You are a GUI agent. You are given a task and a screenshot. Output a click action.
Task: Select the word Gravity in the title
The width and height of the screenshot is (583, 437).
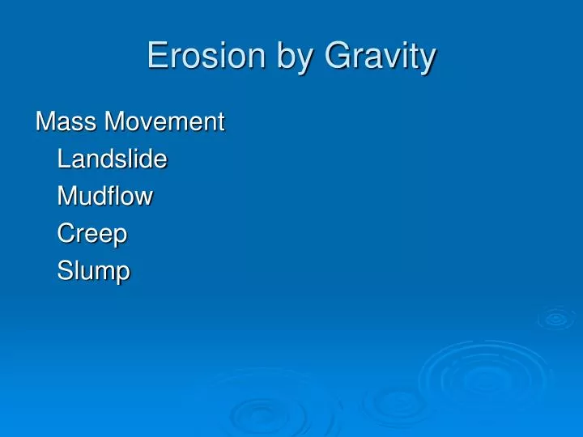[381, 58]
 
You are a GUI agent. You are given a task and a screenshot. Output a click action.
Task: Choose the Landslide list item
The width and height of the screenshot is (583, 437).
[112, 159]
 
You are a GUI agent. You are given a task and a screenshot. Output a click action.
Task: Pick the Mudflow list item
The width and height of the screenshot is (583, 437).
[105, 197]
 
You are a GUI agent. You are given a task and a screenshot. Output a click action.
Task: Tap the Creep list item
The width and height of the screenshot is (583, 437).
[92, 235]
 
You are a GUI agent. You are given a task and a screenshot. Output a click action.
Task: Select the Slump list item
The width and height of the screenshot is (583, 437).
[93, 272]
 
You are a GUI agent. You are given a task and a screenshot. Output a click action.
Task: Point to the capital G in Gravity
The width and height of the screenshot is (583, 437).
[337, 57]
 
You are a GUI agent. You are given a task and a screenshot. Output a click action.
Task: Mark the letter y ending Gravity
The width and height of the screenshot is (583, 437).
[428, 61]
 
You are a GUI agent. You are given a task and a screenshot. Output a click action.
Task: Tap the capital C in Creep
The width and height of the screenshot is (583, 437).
[66, 234]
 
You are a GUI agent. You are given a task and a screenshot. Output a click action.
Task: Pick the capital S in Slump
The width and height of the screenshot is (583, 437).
[65, 271]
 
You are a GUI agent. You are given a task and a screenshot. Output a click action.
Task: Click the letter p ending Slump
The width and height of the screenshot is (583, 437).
[122, 274]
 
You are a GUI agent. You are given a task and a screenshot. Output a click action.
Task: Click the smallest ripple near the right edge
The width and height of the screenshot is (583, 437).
[555, 319]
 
